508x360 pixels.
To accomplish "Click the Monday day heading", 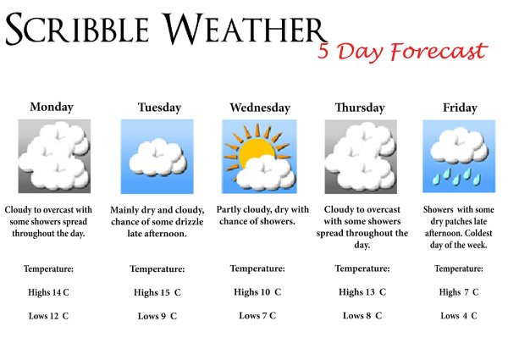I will [52, 108].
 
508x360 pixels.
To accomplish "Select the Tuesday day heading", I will [159, 108].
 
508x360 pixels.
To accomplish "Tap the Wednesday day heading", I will [260, 108].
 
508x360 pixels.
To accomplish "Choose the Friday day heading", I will [460, 108].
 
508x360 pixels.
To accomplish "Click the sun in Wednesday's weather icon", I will [250, 152].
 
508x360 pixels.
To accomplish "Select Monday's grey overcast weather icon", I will [54, 156].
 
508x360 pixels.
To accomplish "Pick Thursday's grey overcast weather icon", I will [362, 156].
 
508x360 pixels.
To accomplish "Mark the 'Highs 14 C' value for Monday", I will [47, 292].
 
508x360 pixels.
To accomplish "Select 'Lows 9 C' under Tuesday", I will [157, 316].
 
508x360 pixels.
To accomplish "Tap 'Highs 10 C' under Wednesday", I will [258, 292].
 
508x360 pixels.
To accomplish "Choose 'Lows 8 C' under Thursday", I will [362, 316].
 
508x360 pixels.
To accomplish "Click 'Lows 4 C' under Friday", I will [459, 316].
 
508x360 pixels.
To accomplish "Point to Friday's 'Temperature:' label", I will [459, 269].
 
